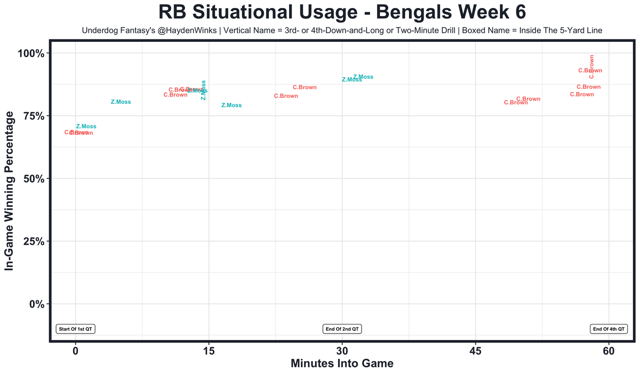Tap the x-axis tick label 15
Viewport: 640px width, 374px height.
click(x=208, y=351)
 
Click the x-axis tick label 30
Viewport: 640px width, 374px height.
click(x=342, y=351)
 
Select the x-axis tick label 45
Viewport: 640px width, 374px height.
click(x=475, y=351)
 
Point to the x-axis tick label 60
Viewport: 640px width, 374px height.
click(x=609, y=351)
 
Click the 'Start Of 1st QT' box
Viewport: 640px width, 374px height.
click(x=75, y=329)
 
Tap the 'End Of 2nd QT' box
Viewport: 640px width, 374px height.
click(x=342, y=329)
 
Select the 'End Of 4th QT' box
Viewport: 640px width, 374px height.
click(x=609, y=329)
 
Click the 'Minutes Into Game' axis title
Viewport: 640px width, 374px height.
click(x=342, y=364)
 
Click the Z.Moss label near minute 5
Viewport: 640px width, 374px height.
click(x=120, y=102)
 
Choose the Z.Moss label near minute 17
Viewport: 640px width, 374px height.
click(x=231, y=105)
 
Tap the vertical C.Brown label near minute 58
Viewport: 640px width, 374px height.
click(x=592, y=66)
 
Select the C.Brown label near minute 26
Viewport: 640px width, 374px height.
click(x=304, y=87)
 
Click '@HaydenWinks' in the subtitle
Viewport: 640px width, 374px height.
click(x=192, y=31)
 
